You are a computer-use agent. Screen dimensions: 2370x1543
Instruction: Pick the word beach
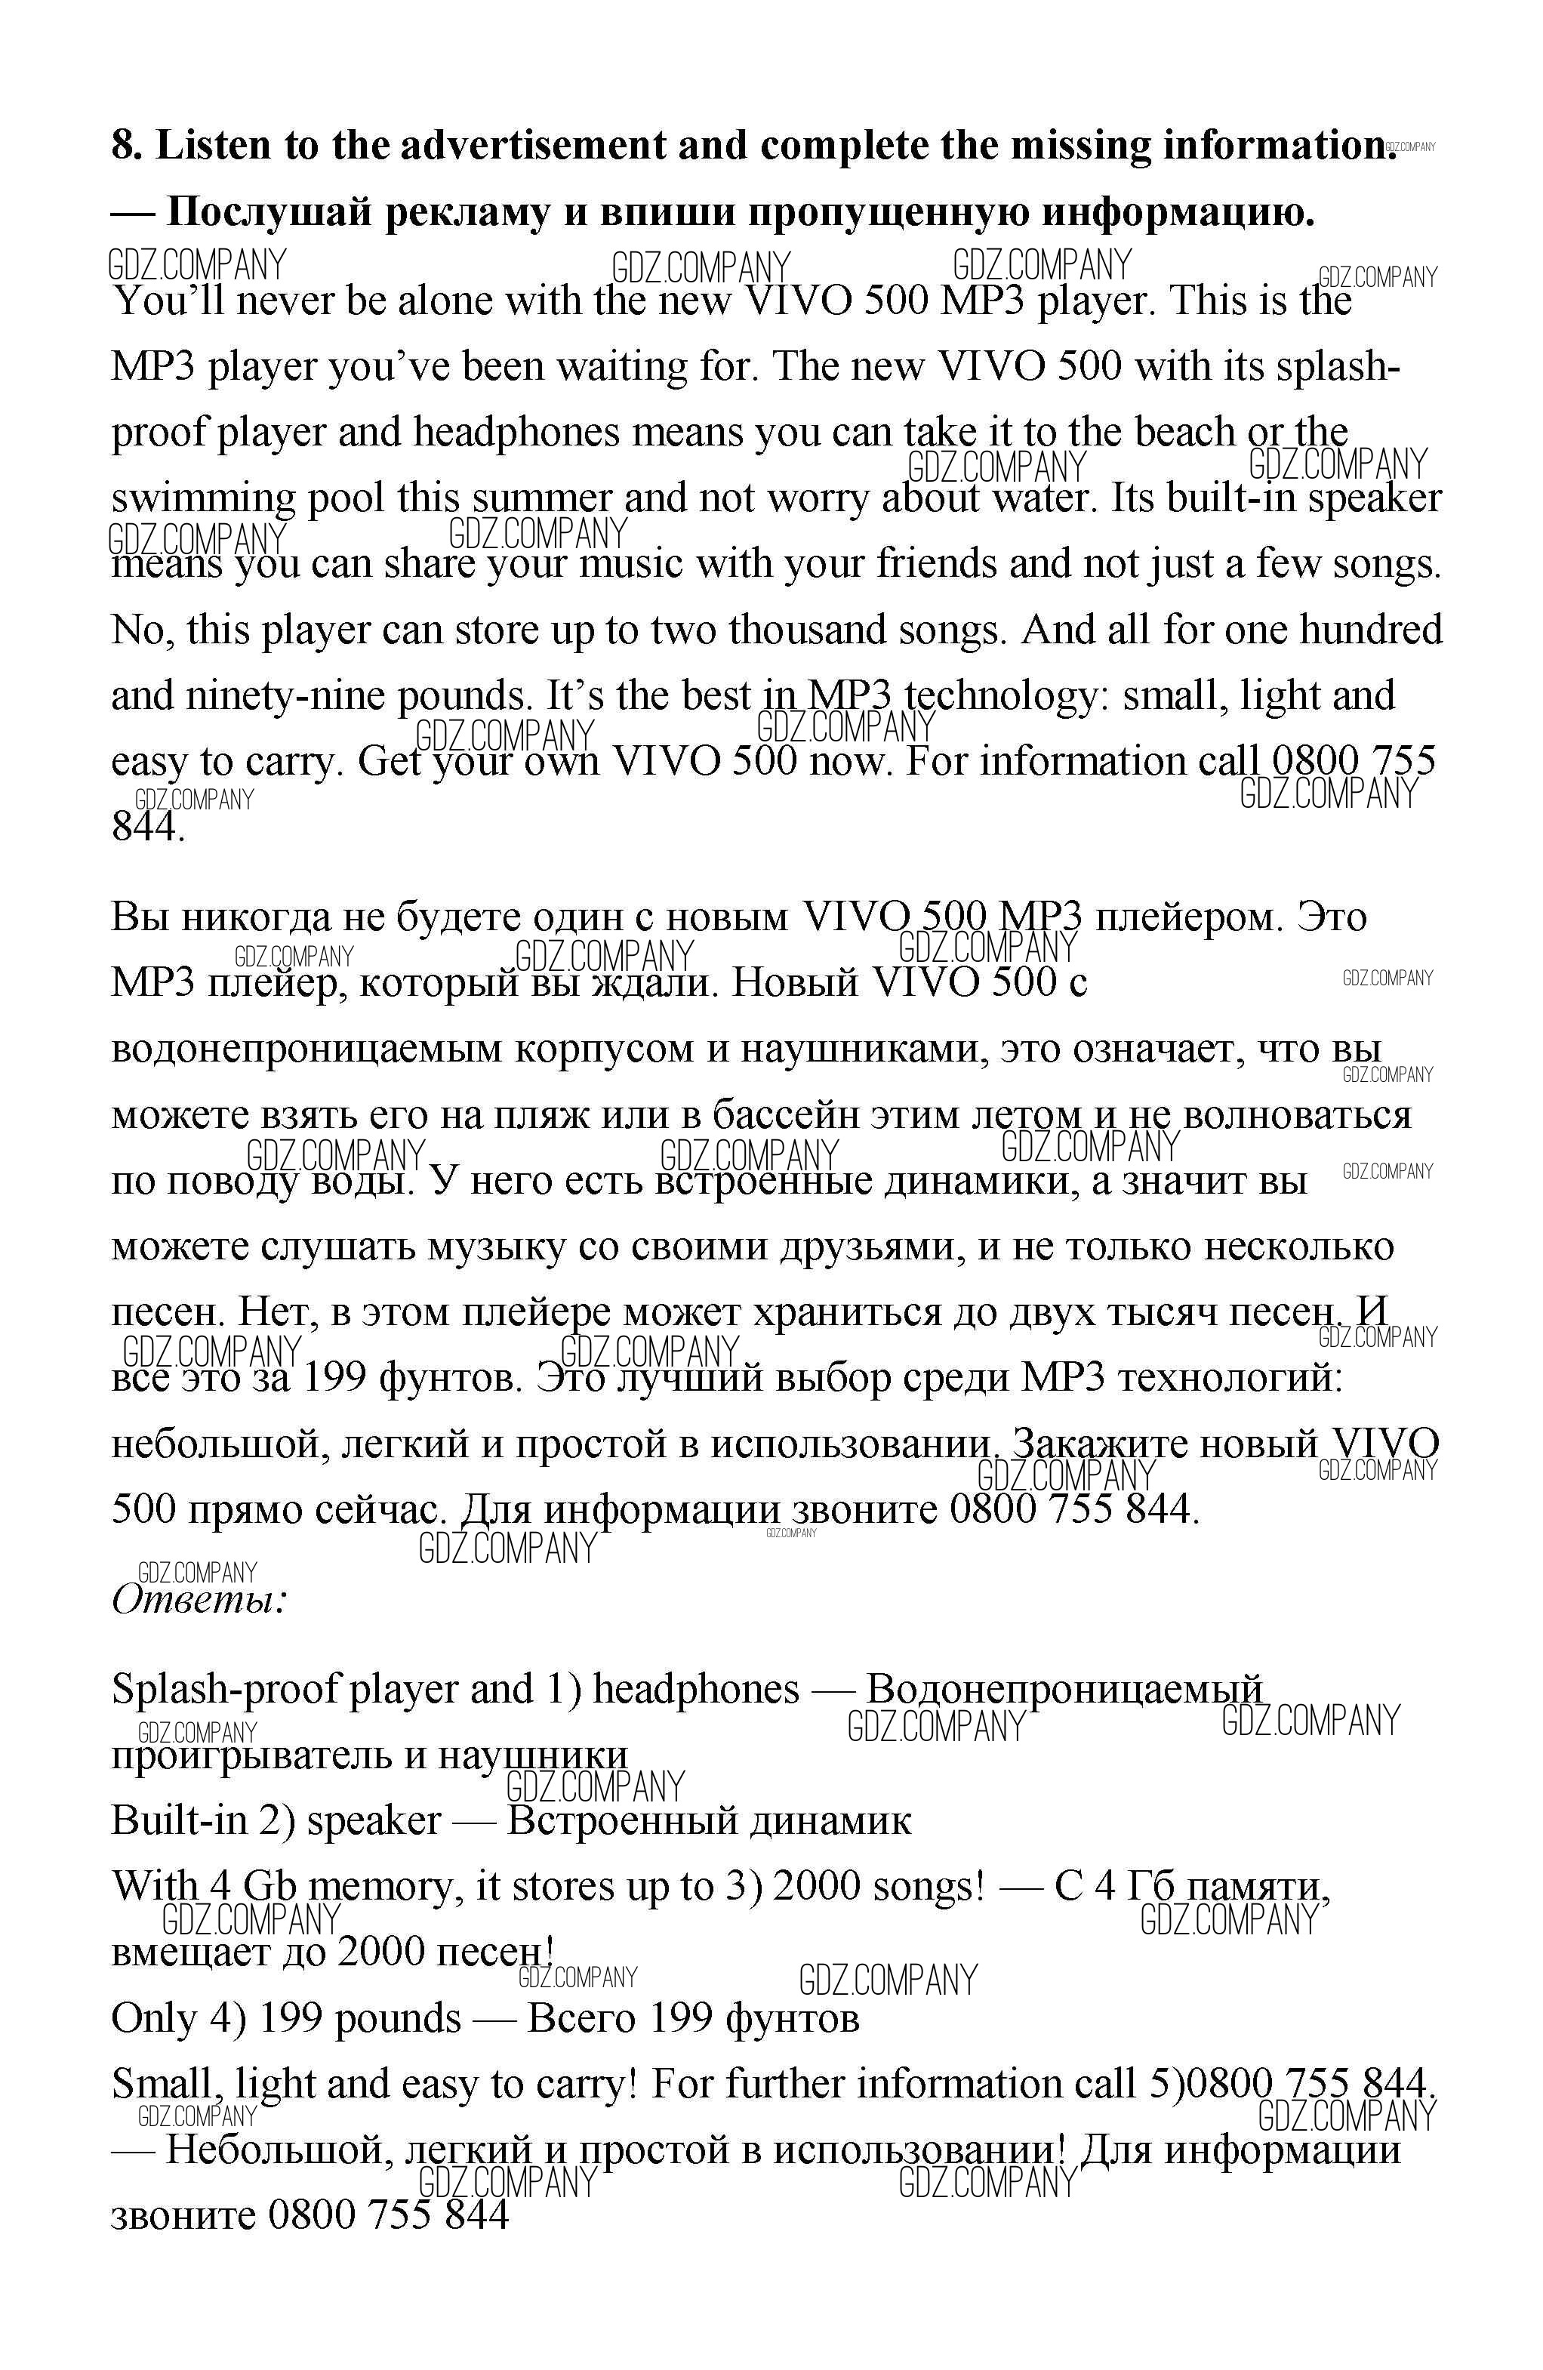1184,432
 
